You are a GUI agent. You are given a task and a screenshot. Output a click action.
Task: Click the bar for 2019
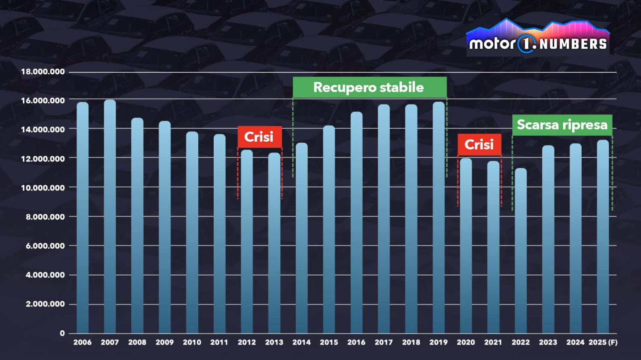pos(438,217)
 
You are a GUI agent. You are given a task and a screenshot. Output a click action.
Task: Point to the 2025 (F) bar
pos(603,237)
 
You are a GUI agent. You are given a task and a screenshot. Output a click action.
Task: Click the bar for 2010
pos(192,232)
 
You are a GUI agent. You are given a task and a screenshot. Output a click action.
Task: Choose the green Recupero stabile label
pos(369,88)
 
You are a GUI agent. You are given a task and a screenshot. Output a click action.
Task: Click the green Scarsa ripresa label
pos(562,125)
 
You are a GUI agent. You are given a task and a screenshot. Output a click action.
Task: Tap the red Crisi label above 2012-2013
pos(259,137)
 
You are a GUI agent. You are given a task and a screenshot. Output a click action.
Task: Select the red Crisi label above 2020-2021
pos(479,144)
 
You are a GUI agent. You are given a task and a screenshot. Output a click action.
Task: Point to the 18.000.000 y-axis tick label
pos(43,72)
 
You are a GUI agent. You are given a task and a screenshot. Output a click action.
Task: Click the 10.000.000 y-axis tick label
pos(43,188)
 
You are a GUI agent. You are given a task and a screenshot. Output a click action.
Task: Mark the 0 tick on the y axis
pos(62,333)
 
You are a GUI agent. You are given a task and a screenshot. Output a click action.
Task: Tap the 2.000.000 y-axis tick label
pos(45,304)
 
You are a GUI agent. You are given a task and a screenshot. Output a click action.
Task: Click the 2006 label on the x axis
pos(82,342)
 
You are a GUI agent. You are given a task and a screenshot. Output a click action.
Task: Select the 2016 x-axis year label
pos(356,342)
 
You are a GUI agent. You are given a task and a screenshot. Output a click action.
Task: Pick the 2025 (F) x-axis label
pos(603,342)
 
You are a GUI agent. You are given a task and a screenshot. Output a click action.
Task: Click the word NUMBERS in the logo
pos(573,44)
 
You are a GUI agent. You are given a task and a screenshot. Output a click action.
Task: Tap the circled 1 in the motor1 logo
pos(526,44)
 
